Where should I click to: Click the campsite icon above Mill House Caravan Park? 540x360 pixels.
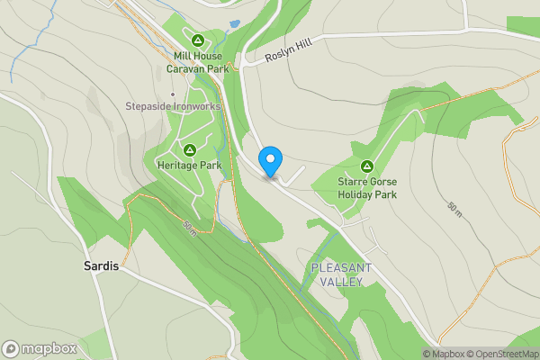click(x=198, y=40)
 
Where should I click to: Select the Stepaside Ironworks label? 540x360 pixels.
click(x=173, y=106)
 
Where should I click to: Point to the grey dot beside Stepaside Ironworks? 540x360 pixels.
click(x=173, y=94)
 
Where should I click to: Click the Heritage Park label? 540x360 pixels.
click(x=189, y=166)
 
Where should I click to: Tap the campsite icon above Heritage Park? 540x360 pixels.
click(x=189, y=150)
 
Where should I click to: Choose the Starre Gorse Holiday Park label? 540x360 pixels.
click(x=367, y=187)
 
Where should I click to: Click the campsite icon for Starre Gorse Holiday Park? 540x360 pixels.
click(x=367, y=166)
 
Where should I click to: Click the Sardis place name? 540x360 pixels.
click(x=101, y=267)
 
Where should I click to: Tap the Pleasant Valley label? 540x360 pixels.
click(x=337, y=274)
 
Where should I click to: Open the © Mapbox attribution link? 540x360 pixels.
click(x=445, y=354)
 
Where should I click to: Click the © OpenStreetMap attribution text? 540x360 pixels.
click(x=502, y=354)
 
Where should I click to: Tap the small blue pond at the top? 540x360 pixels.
click(x=235, y=23)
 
